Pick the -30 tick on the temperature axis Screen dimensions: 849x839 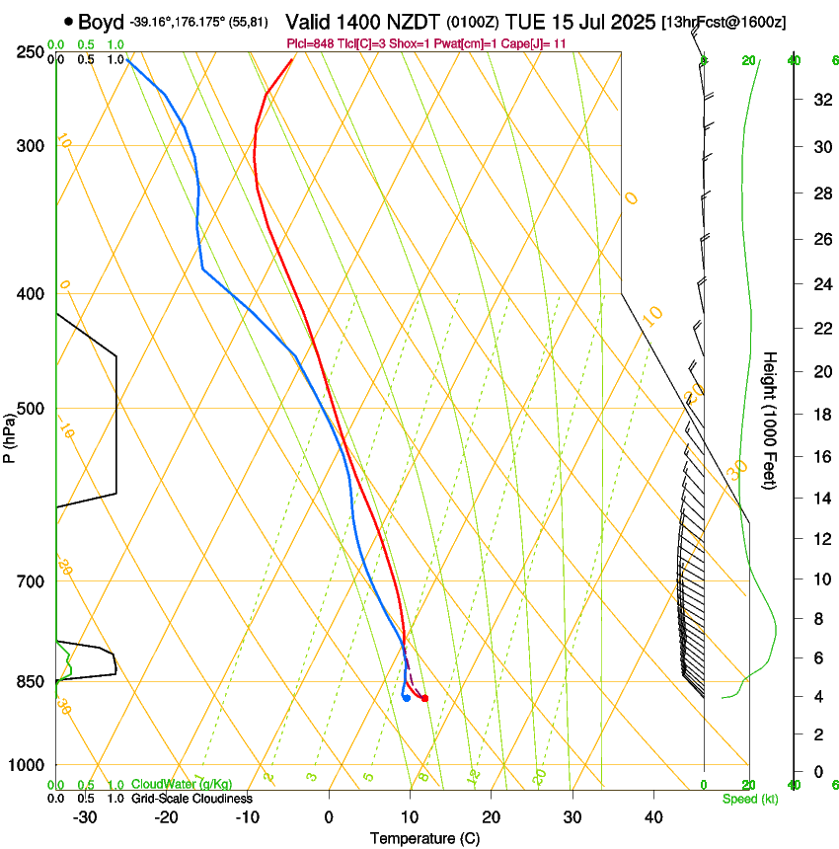coord(85,817)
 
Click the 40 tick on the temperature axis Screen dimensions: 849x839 coord(652,817)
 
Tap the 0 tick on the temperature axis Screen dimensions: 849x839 coord(329,817)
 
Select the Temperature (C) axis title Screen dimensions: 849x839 coord(424,838)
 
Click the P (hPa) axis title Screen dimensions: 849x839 coord(10,433)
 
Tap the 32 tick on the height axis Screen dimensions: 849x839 coord(819,100)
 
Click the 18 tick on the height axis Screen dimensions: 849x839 coord(819,415)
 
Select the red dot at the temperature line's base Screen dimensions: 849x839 coord(424,699)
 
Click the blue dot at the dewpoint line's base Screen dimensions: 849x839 coord(407,698)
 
